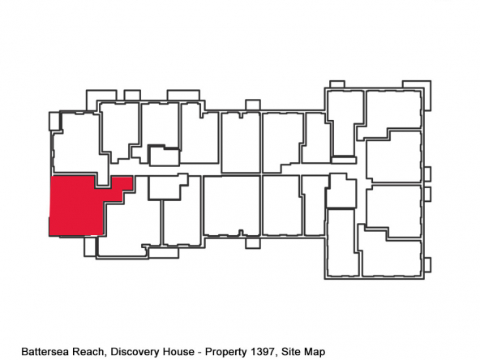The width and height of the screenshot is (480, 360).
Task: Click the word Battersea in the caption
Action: point(42,352)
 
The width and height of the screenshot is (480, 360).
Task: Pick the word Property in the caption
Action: point(226,352)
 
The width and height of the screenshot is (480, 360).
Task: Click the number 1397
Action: point(263,352)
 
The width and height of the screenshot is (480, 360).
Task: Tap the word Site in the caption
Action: point(289,352)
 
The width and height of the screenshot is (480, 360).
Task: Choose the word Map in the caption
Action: point(312,352)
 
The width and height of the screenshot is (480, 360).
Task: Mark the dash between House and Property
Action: point(199,353)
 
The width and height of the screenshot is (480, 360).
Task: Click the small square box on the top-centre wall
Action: point(253,105)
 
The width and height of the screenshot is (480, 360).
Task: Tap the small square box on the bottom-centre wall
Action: point(253,243)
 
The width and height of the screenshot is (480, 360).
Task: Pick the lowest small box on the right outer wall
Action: point(427,264)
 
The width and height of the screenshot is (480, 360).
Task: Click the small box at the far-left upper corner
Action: point(54,122)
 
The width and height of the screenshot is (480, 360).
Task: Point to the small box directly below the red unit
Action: point(90,246)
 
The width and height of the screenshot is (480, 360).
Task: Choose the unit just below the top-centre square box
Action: point(241,143)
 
